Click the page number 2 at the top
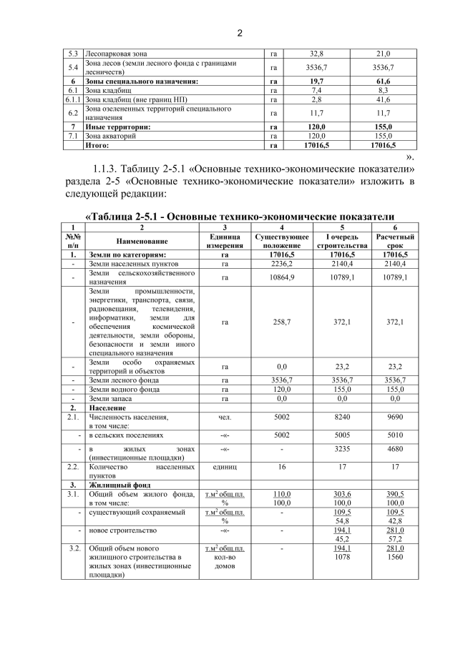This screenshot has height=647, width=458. coord(240,33)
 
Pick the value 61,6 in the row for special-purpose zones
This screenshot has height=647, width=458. coord(383,82)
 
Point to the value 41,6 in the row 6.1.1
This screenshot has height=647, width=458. coord(383,100)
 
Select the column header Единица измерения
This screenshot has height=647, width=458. coord(225,240)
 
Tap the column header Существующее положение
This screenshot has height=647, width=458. coord(281,240)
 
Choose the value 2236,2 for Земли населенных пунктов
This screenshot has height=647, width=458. coord(281,264)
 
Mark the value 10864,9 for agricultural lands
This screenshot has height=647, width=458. coord(281,277)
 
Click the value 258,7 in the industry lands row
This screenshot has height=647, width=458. coord(281,322)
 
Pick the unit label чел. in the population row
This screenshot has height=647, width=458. coord(225,416)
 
